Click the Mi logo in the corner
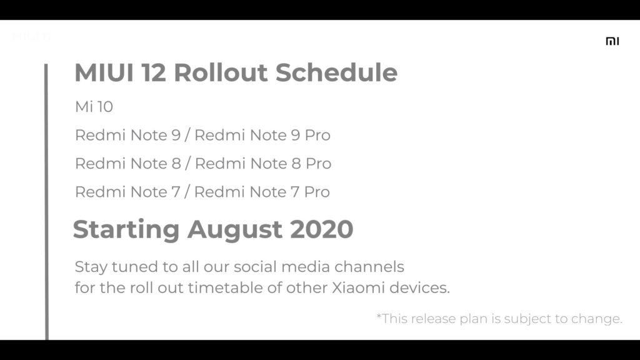[612, 41]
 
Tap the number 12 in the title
[154, 72]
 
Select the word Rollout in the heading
[221, 72]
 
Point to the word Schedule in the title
[336, 72]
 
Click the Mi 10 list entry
[94, 107]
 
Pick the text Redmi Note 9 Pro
[262, 135]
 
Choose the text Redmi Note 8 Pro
[263, 164]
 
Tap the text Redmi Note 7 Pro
[262, 192]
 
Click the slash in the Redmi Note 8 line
[187, 164]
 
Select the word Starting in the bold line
[126, 230]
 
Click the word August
[235, 230]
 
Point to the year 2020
[322, 229]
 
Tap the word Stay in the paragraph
[91, 267]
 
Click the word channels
[369, 267]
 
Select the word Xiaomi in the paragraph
[358, 287]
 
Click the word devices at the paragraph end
[419, 287]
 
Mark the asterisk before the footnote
[379, 316]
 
